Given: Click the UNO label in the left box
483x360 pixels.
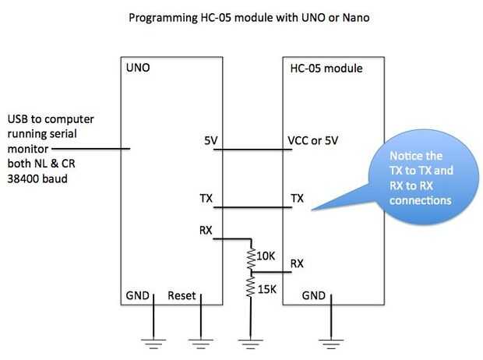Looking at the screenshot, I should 138,69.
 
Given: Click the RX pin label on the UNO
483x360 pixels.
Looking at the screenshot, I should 206,231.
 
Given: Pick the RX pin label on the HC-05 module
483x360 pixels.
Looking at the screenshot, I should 297,263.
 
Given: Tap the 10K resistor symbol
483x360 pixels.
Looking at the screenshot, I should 250,257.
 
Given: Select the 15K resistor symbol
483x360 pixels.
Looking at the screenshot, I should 250,288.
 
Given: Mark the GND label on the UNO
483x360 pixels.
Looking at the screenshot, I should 138,297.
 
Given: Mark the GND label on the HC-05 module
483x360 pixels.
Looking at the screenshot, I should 314,297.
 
